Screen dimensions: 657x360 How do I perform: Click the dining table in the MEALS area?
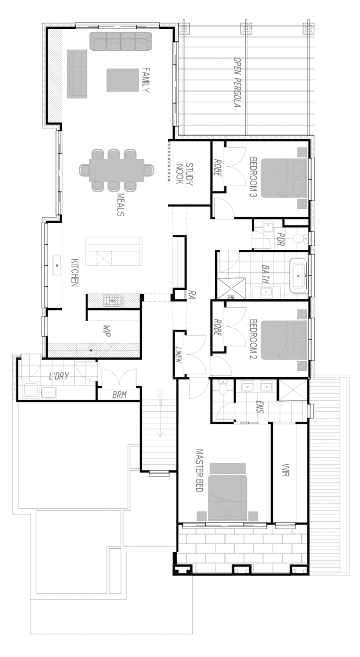pos(116,170)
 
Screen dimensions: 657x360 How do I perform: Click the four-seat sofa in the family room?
pos(121,41)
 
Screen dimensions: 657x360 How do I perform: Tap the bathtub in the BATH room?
pos(299,275)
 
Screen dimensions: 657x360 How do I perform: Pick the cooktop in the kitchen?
pos(113,300)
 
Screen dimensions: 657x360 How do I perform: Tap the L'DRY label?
pos(59,376)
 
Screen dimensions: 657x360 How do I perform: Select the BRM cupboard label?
pos(119,395)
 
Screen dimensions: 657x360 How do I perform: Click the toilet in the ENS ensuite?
pos(222,388)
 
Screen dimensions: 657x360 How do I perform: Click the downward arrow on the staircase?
pos(160,432)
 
